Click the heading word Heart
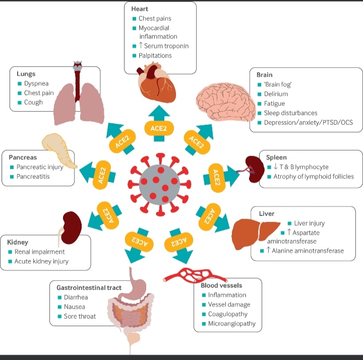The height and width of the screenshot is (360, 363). [140, 9]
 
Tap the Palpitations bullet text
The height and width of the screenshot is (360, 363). [155, 55]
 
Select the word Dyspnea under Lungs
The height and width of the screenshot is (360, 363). [36, 84]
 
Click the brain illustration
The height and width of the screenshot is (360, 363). [226, 102]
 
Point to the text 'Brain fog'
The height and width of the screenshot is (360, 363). [278, 85]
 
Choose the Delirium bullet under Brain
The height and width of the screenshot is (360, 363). [276, 94]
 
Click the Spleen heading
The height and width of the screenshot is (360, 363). [276, 158]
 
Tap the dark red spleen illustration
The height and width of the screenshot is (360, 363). [254, 169]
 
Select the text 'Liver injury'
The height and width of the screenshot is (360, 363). [309, 223]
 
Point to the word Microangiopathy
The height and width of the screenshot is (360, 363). [232, 323]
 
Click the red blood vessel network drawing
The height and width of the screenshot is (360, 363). [195, 275]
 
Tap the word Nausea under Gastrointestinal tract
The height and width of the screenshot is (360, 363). [74, 307]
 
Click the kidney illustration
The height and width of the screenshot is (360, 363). [71, 228]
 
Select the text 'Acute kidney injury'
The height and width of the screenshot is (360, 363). [41, 261]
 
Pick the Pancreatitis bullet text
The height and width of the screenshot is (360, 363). [33, 176]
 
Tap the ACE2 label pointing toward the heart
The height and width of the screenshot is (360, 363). [159, 128]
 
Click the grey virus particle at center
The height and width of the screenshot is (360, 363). [159, 185]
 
